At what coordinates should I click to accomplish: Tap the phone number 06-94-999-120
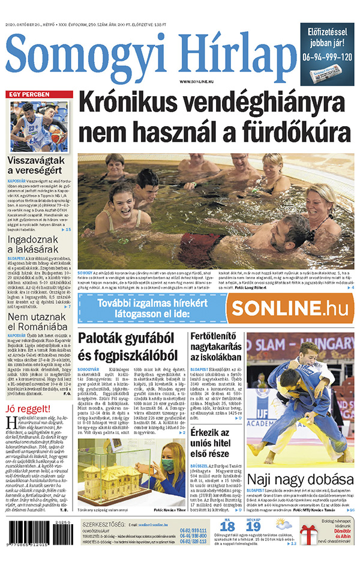tap(328, 57)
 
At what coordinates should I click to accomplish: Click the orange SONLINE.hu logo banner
tap(291, 308)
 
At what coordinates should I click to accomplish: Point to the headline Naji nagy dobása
tap(300, 480)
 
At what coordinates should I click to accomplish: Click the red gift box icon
tap(311, 533)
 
